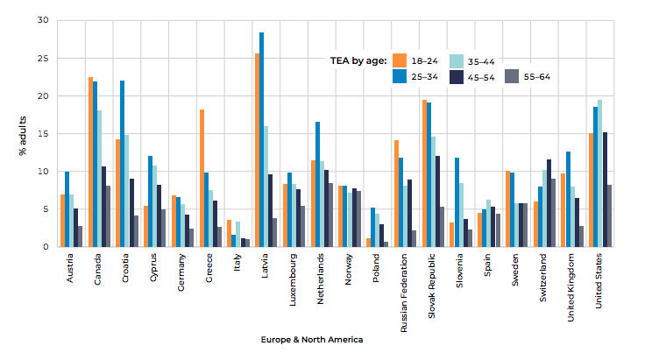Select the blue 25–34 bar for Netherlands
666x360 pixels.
[x=317, y=184]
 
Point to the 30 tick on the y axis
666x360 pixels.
[x=44, y=20]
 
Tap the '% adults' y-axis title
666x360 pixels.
[x=23, y=134]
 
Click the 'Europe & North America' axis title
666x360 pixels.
[x=311, y=339]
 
